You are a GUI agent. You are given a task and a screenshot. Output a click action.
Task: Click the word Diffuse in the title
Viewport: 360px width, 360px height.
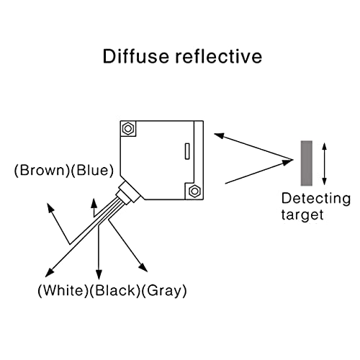(135, 56)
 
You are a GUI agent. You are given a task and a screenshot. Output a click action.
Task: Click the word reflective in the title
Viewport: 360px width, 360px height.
(218, 56)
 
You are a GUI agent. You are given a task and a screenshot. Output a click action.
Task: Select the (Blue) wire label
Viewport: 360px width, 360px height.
(92, 171)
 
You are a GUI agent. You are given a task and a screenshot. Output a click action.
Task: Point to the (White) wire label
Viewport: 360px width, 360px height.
(63, 290)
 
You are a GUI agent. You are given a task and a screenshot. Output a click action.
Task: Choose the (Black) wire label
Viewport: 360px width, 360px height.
(114, 290)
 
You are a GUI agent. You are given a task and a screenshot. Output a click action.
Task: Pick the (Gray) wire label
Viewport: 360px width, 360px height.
(164, 291)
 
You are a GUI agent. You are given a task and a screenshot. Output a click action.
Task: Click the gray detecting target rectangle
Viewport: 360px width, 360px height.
(307, 163)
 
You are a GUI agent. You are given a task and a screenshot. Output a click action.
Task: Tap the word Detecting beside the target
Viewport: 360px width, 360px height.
(316, 199)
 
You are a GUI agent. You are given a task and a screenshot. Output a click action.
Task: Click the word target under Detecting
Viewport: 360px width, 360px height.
(302, 215)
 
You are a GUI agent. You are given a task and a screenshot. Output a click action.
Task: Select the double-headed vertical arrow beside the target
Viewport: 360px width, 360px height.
(324, 163)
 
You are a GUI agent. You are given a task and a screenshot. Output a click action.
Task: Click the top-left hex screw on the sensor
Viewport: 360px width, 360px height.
(128, 129)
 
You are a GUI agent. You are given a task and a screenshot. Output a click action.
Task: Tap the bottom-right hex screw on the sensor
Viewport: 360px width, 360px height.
(194, 191)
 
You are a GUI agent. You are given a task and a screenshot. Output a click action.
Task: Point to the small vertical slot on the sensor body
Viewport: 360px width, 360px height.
(187, 151)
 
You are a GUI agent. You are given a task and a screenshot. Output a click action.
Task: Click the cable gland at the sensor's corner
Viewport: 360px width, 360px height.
(127, 192)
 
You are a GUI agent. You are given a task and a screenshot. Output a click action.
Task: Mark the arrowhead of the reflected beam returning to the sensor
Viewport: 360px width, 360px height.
(219, 136)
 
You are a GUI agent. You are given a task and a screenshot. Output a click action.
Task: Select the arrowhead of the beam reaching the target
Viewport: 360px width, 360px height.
(287, 163)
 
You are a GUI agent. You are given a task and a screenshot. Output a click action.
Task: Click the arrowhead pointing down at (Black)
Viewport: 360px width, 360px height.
(99, 274)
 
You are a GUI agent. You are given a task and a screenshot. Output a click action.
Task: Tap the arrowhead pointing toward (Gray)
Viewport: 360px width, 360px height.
(143, 268)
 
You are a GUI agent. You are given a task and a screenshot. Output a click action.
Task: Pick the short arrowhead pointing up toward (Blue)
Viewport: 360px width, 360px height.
(94, 203)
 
